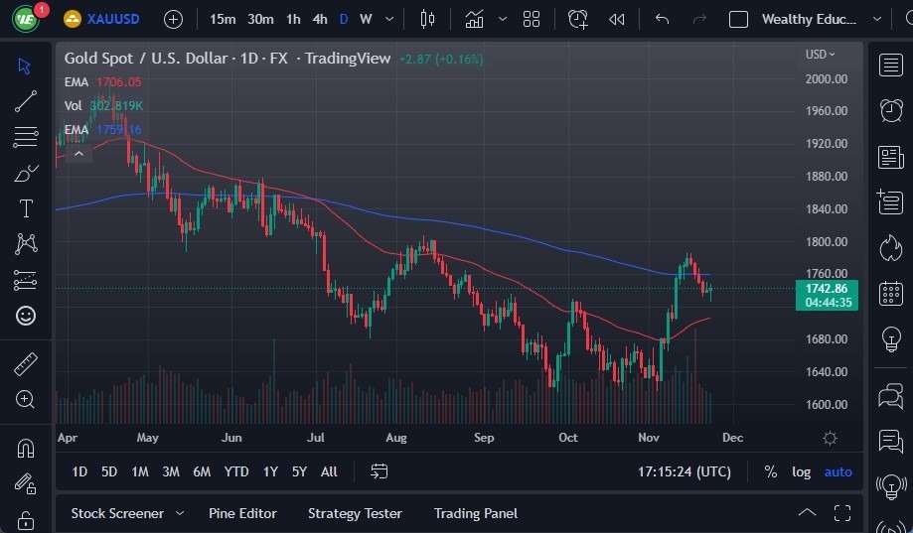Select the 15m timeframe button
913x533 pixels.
coord(223,19)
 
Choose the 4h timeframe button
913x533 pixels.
coord(319,19)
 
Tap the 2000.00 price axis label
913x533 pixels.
coord(826,79)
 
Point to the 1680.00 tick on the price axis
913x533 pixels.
coord(826,339)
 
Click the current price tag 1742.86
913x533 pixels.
coord(827,288)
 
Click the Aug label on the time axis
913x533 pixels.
coord(395,437)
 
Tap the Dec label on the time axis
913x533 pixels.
coord(732,437)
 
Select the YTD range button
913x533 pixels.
coord(236,471)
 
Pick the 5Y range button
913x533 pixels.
coord(299,471)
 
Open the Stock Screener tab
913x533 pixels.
coord(117,513)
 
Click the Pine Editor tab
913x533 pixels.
coord(242,513)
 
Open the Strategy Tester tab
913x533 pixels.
coord(355,513)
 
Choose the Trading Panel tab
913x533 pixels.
coord(476,513)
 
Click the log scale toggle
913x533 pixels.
coord(801,471)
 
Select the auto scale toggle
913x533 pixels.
coord(837,471)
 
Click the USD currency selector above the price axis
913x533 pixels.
coord(820,55)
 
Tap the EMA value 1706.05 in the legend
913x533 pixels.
coord(118,82)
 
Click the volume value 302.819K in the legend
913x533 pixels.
coord(116,105)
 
